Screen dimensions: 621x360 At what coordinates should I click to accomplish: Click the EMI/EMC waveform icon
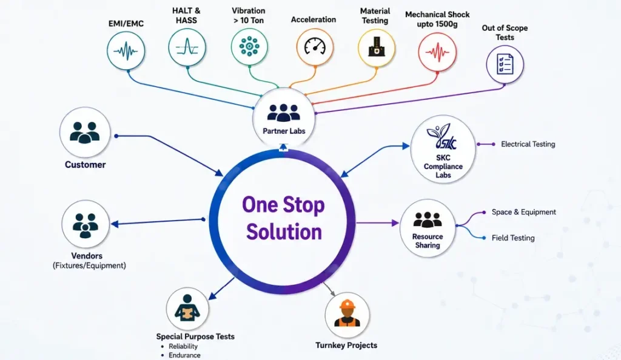[x=126, y=51]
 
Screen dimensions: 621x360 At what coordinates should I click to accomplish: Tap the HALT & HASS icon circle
[x=187, y=47]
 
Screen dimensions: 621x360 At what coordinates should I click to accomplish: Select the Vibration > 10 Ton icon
[x=249, y=47]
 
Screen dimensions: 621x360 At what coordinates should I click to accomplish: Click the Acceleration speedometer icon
[x=315, y=47]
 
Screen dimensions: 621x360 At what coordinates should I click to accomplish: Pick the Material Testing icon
[x=376, y=47]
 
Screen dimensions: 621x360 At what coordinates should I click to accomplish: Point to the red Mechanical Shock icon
[x=437, y=52]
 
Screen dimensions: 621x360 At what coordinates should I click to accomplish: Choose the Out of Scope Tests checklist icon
[x=505, y=64]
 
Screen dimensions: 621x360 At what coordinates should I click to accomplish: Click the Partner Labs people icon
[x=284, y=112]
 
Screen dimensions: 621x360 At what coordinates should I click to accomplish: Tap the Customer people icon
[x=85, y=132]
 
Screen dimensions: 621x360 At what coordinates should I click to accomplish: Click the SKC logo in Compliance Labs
[x=441, y=137]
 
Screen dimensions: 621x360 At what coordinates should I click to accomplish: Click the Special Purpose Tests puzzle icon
[x=187, y=308]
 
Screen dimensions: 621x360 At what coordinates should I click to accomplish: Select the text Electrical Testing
[x=528, y=144]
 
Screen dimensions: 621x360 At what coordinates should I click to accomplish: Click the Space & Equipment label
[x=523, y=212]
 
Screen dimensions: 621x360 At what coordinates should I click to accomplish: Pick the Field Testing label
[x=513, y=238]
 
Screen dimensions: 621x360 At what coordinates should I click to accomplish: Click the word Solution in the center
[x=284, y=232]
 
